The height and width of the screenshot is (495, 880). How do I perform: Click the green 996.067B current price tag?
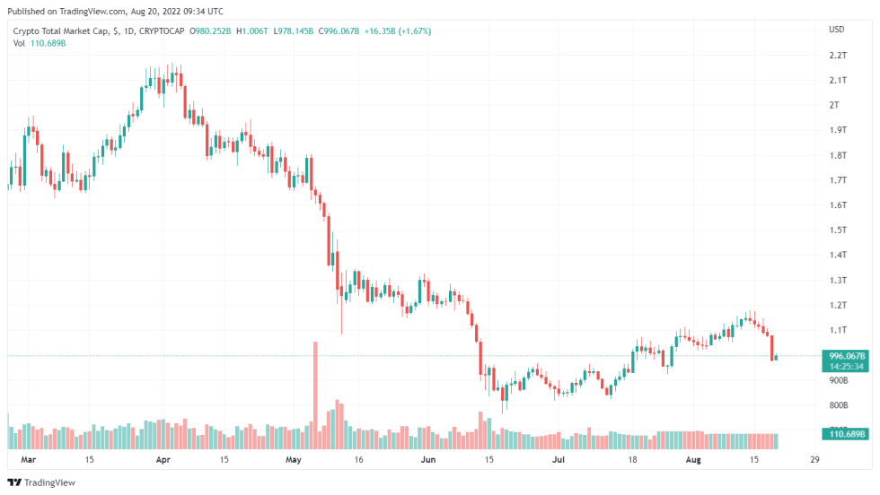tap(847, 356)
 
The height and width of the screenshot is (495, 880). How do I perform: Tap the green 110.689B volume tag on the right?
tap(846, 435)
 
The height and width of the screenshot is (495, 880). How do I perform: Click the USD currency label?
tap(836, 30)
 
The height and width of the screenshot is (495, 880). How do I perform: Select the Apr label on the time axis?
tap(163, 460)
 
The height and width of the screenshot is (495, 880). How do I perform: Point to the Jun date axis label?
tap(427, 460)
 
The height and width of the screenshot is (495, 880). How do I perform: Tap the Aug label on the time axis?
tap(692, 460)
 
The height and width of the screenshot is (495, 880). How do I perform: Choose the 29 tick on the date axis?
tap(814, 460)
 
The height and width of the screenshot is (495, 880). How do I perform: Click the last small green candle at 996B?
tap(776, 357)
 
